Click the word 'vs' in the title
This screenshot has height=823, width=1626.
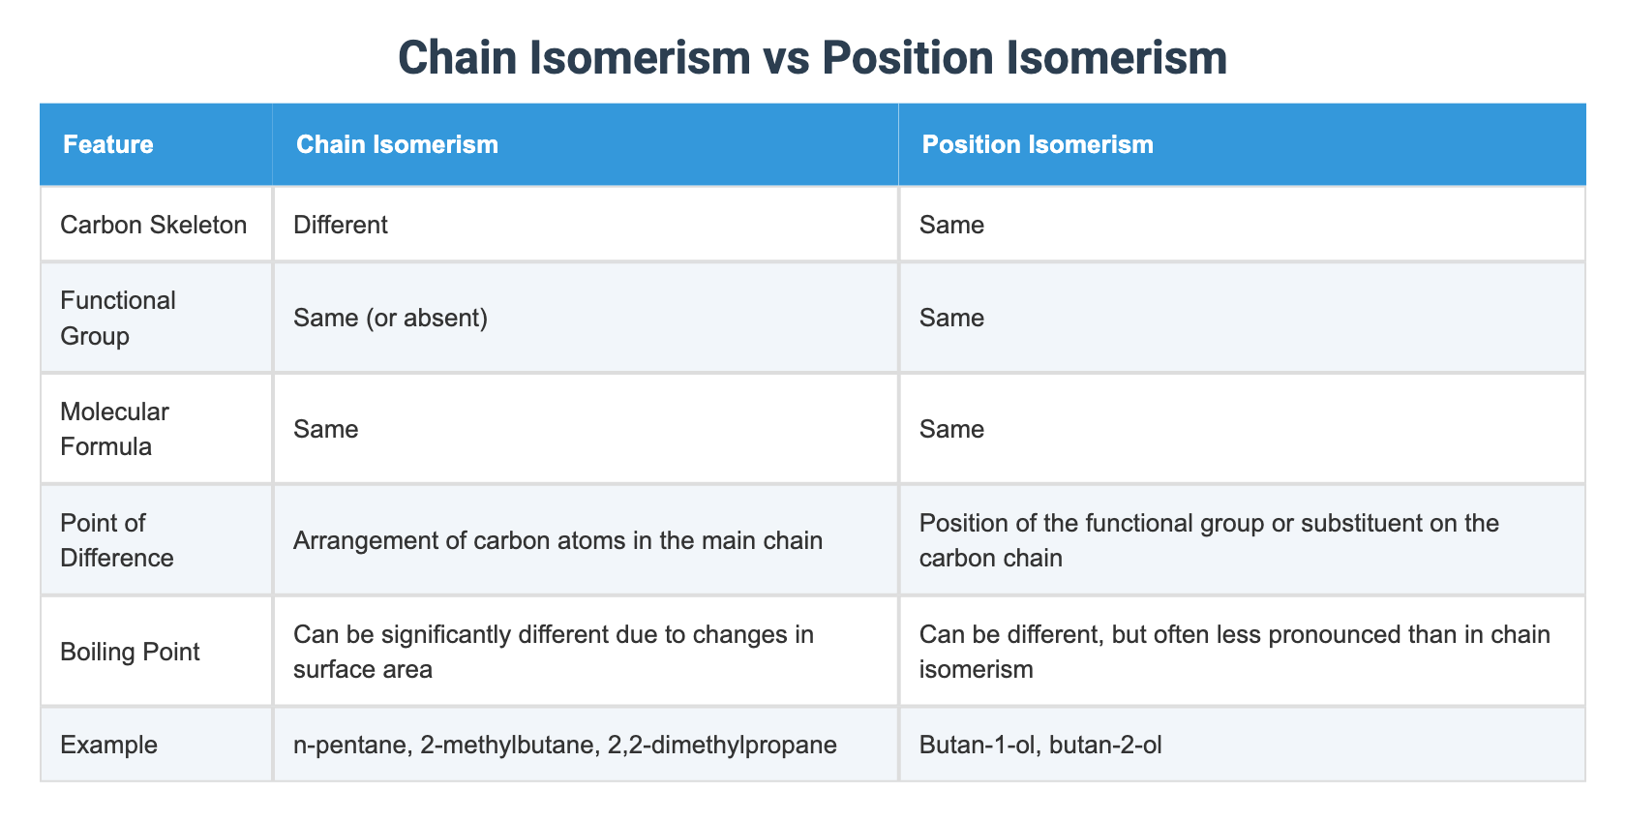(785, 58)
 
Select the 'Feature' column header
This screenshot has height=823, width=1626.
(107, 144)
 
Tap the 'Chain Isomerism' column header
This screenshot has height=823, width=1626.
(397, 144)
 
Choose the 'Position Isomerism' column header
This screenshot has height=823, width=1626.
(1038, 144)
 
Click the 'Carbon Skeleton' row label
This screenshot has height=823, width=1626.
(153, 225)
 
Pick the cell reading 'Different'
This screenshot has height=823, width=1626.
(340, 225)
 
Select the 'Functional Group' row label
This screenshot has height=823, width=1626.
(117, 318)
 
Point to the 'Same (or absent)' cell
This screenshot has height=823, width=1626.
(390, 318)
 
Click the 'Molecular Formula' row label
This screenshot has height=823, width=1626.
(114, 429)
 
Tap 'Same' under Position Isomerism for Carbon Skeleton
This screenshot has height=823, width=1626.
(951, 225)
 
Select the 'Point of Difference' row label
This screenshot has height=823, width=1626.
(116, 540)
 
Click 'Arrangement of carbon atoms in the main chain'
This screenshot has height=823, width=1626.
(557, 540)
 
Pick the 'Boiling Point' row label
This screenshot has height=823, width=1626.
(130, 652)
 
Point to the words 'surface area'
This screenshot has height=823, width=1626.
(362, 669)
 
